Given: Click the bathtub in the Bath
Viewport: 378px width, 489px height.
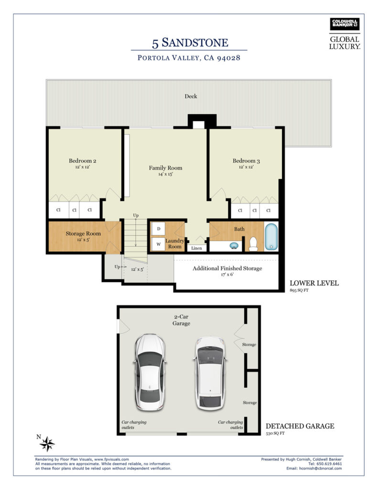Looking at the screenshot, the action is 271,236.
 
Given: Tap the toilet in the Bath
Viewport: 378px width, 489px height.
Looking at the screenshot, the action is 253,244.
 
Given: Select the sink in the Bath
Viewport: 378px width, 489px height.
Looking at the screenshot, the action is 234,246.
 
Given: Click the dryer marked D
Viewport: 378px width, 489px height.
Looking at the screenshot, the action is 159,229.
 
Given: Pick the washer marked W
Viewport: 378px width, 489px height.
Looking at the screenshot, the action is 159,244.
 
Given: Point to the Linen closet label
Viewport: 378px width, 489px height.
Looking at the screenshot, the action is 197,248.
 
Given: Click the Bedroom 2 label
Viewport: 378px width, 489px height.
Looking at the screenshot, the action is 82,161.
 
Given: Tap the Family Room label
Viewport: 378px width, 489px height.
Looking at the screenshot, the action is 165,168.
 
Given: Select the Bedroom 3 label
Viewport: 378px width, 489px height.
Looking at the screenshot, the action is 246,161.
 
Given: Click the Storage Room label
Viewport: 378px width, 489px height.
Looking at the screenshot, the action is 83,234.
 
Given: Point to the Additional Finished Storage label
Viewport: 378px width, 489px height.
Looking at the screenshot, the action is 227,268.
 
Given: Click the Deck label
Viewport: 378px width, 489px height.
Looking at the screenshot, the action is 191,96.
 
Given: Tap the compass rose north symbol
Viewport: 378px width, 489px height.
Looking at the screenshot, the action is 47,444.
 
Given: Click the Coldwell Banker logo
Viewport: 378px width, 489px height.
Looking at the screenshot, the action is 345,24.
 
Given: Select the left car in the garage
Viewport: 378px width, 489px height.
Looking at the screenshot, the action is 150,372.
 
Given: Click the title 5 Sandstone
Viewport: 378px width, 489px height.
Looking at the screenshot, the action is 190,43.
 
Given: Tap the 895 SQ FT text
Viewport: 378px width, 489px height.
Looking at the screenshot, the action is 299,290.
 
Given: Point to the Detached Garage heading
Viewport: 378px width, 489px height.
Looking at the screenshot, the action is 300,426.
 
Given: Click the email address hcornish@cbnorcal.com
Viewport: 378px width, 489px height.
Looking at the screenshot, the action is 320,468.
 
